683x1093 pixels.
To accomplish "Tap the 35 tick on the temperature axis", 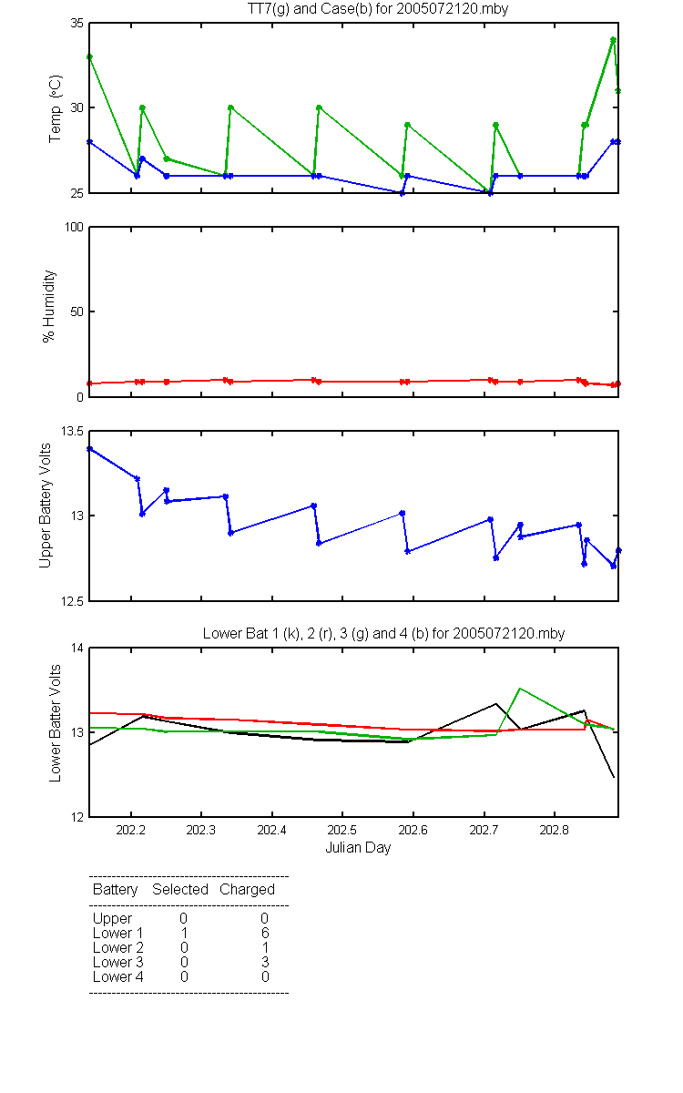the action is [x=76, y=24].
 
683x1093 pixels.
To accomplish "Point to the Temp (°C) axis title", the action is [x=56, y=108].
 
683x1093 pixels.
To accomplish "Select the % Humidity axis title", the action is [x=49, y=306].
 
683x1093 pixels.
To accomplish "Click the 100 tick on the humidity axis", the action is [x=74, y=228].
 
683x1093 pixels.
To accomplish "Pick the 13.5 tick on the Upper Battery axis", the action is [x=72, y=432].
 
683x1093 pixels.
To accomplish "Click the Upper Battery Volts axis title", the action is [x=45, y=506].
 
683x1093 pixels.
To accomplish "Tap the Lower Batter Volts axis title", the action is [x=56, y=723].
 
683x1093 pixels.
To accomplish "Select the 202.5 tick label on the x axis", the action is [x=342, y=830].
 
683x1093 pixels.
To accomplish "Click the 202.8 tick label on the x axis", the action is [x=555, y=830].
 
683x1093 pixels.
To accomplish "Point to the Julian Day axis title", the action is [x=358, y=848].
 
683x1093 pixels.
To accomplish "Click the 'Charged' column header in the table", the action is [x=247, y=890].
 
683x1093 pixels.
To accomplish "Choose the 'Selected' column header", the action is [x=180, y=889].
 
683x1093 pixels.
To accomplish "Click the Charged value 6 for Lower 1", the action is [x=265, y=933].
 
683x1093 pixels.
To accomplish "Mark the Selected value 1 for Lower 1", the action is [x=184, y=933].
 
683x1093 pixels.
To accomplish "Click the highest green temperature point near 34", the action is [x=613, y=40].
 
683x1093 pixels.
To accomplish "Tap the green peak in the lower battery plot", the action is [x=520, y=689].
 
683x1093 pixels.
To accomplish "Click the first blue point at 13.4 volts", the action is [x=89, y=449].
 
